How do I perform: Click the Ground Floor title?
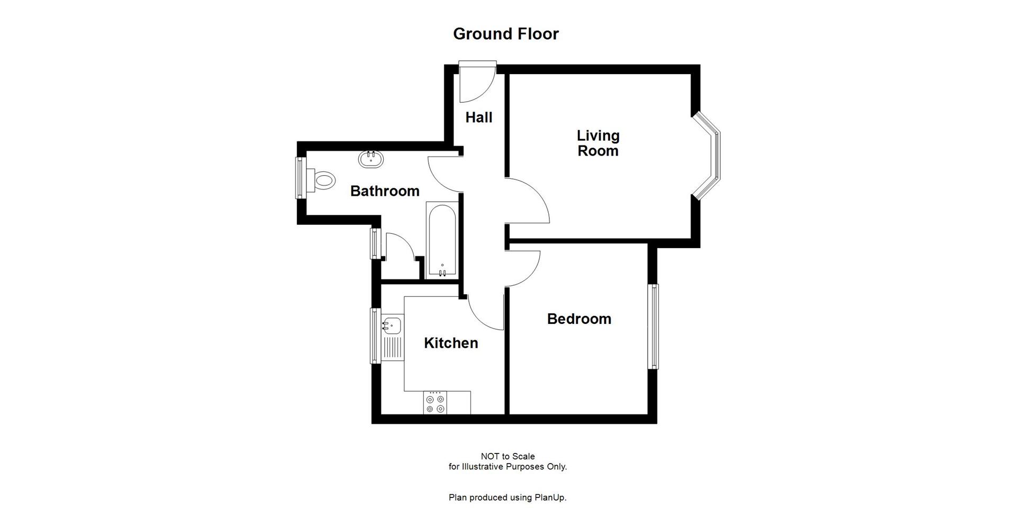coord(506,34)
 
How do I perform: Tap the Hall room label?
coord(479,117)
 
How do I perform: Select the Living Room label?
coord(598,143)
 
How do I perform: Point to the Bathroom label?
coord(385,191)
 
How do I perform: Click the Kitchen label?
coord(451,343)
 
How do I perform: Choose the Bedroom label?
coord(579,319)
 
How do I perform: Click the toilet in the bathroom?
coord(323,180)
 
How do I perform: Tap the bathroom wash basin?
coord(371,159)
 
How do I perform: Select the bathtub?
coord(442,241)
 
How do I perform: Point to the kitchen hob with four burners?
coord(435,403)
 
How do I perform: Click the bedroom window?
coord(654,326)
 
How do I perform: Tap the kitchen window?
coord(375,336)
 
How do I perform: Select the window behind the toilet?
coord(300,178)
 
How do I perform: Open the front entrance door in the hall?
coord(477,82)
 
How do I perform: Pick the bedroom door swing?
coord(524,267)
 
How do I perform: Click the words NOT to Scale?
coord(507,456)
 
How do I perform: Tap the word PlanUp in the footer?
coord(551,497)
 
